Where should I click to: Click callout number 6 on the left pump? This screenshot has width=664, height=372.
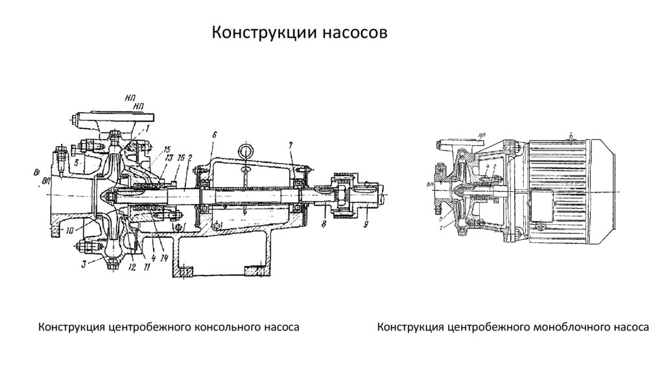coord(213,134)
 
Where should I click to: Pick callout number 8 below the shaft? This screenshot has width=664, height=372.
coord(324,224)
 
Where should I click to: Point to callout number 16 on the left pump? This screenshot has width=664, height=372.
coord(182,157)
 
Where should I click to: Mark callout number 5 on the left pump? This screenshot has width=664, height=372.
coord(77,163)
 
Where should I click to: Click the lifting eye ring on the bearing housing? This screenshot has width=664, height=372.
coord(246,150)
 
